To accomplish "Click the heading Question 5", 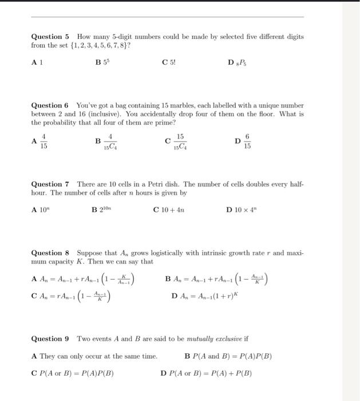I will click(x=50, y=36).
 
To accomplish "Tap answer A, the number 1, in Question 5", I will click(x=39, y=64).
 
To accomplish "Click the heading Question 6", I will click(x=50, y=105).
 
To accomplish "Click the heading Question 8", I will click(x=50, y=253).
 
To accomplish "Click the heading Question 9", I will click(x=50, y=339).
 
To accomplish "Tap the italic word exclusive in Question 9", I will click(x=226, y=339).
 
